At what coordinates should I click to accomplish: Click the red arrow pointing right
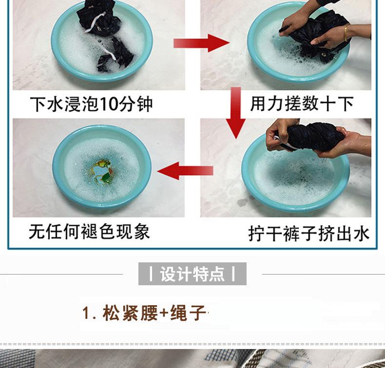(201, 43)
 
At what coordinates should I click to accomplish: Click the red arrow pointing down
(236, 113)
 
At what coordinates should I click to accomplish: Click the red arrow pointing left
(185, 171)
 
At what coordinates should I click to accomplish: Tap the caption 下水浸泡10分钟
(91, 104)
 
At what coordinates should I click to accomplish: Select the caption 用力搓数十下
(302, 104)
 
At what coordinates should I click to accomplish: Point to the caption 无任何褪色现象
(89, 231)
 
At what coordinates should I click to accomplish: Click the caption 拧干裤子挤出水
(309, 234)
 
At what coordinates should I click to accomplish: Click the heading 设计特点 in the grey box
(192, 274)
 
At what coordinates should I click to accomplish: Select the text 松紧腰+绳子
(154, 313)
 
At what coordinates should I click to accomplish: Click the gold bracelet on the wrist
(346, 33)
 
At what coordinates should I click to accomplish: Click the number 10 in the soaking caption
(110, 104)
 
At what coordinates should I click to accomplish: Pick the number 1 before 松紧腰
(86, 313)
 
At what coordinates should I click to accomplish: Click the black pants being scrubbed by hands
(314, 35)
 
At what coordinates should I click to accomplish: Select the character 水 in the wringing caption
(362, 234)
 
